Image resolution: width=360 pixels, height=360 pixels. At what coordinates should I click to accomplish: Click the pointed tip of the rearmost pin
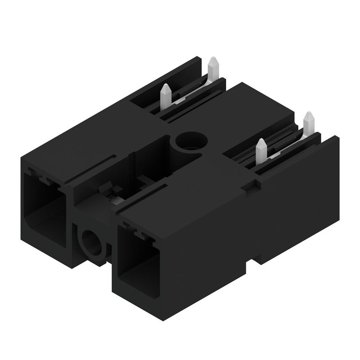[213, 59]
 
